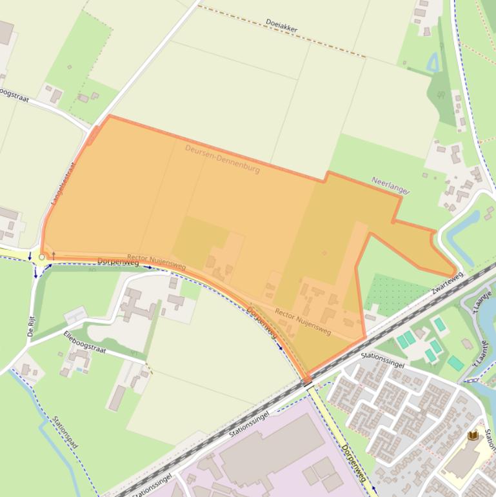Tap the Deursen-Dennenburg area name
222,158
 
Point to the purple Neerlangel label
390,185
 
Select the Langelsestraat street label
63,183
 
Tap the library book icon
473,436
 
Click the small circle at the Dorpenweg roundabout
42,257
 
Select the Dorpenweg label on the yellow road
353,463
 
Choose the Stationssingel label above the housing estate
382,360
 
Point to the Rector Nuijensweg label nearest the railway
303,321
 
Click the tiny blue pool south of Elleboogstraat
79,370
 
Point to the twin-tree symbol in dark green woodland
441,95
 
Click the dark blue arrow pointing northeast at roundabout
48,267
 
